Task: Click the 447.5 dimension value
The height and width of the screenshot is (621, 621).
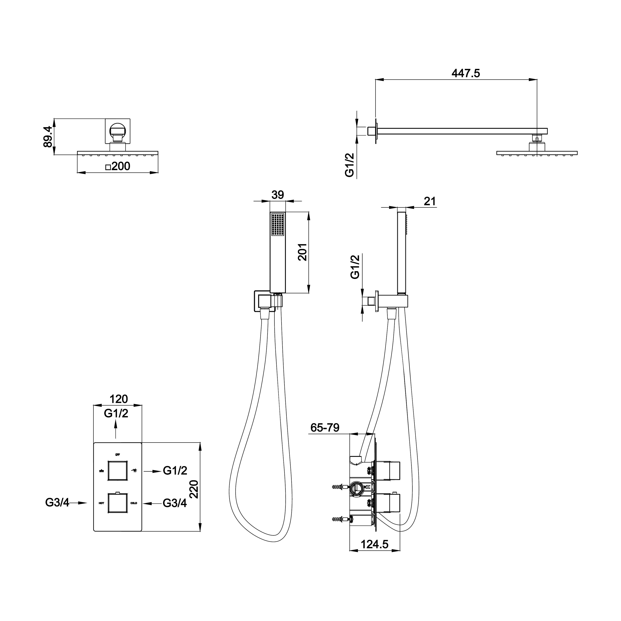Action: [x=465, y=74]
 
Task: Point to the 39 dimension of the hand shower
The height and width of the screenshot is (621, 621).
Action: [x=278, y=195]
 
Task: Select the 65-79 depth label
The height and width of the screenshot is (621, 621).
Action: [x=325, y=428]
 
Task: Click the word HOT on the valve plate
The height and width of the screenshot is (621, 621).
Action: [x=101, y=503]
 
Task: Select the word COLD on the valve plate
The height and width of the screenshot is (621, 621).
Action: [x=134, y=503]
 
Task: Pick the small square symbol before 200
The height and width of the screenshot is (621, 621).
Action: [x=108, y=167]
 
